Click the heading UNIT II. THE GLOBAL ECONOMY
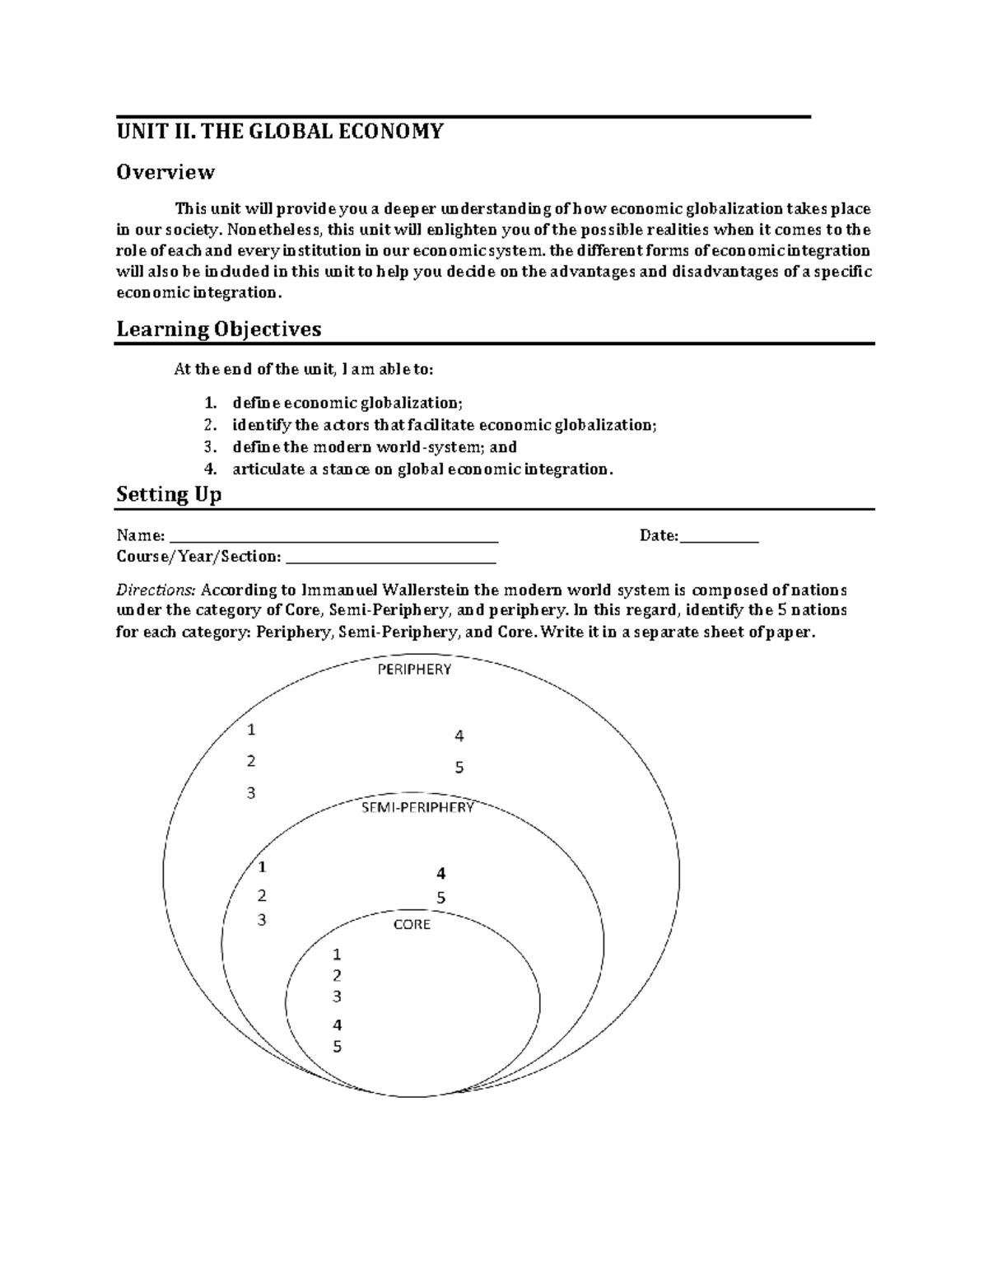279,132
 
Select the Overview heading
165,172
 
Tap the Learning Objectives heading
218,329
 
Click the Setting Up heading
168,495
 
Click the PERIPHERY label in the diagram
414,670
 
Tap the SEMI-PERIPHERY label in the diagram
417,808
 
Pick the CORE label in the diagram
412,925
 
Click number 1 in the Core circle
336,955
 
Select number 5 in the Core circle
337,1048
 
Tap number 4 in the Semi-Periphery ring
441,874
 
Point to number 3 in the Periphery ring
251,793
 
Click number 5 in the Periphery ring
459,768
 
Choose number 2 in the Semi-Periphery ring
262,895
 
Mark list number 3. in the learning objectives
210,447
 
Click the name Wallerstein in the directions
419,590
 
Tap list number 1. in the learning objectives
210,403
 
